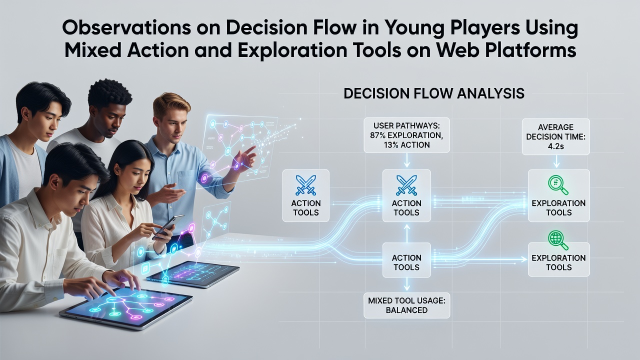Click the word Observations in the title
[x=126, y=28]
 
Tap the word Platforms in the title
[x=530, y=50]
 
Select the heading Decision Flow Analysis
[x=433, y=93]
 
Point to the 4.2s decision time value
[x=555, y=146]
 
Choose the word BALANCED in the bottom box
[x=406, y=310]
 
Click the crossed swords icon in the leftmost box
[x=305, y=185]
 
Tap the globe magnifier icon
[x=558, y=240]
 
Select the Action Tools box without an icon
[x=406, y=260]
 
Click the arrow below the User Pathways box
[x=407, y=160]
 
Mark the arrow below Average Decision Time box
[x=556, y=161]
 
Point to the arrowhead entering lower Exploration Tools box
[x=524, y=259]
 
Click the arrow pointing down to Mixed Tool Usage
[x=407, y=284]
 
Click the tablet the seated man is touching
[x=125, y=306]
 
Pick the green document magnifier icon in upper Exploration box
[x=558, y=185]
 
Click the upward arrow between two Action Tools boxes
[x=407, y=233]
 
